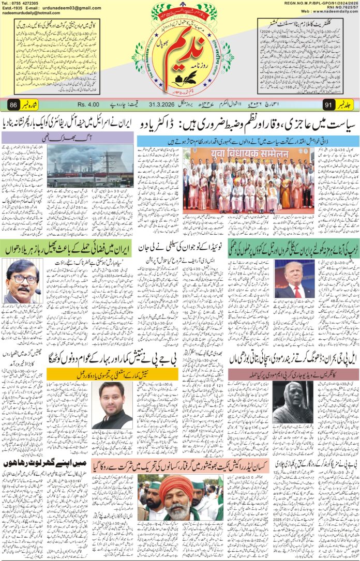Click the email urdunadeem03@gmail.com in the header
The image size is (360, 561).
71,8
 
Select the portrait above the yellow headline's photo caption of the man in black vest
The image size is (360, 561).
113,405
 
